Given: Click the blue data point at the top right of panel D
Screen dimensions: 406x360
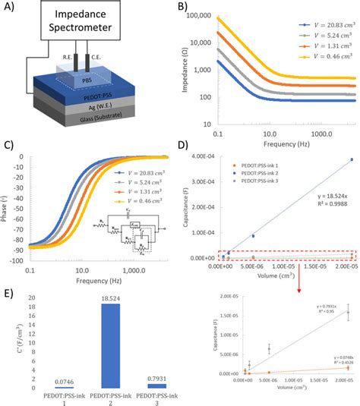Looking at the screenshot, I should coord(351,159).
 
